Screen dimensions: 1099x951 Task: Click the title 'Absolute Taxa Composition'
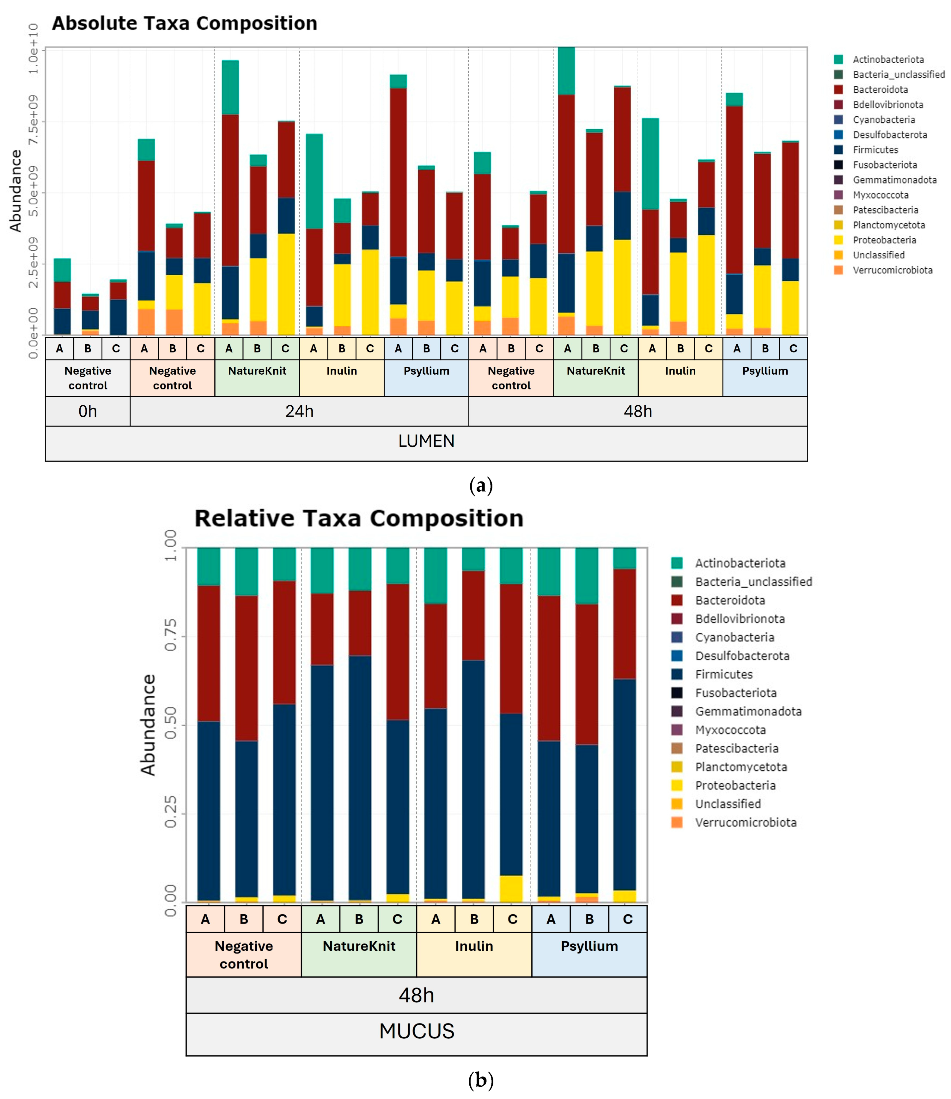pyautogui.click(x=184, y=23)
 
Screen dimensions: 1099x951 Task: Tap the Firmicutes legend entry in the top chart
pyautogui.click(x=875, y=150)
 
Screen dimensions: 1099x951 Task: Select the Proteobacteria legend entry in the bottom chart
pyautogui.click(x=735, y=785)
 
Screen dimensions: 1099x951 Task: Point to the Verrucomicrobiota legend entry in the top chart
pyautogui.click(x=892, y=270)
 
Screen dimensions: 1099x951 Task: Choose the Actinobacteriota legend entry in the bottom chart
pyautogui.click(x=740, y=563)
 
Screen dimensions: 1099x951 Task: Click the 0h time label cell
pyautogui.click(x=88, y=411)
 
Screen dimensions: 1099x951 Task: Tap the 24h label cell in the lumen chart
pyautogui.click(x=299, y=411)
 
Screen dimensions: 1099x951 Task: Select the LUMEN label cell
pyautogui.click(x=426, y=441)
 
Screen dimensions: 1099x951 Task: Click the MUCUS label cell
pyautogui.click(x=417, y=1031)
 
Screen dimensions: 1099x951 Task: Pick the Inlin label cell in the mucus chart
pyautogui.click(x=474, y=946)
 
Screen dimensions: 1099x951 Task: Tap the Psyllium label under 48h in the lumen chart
pyautogui.click(x=765, y=371)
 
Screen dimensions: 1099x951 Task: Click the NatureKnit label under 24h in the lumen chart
pyautogui.click(x=257, y=371)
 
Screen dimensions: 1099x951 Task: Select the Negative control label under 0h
pyautogui.click(x=88, y=378)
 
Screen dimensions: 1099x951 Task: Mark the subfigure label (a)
pyautogui.click(x=481, y=485)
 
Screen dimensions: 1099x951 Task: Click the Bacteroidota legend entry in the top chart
pyautogui.click(x=880, y=90)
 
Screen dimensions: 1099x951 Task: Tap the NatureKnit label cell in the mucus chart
pyautogui.click(x=359, y=946)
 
